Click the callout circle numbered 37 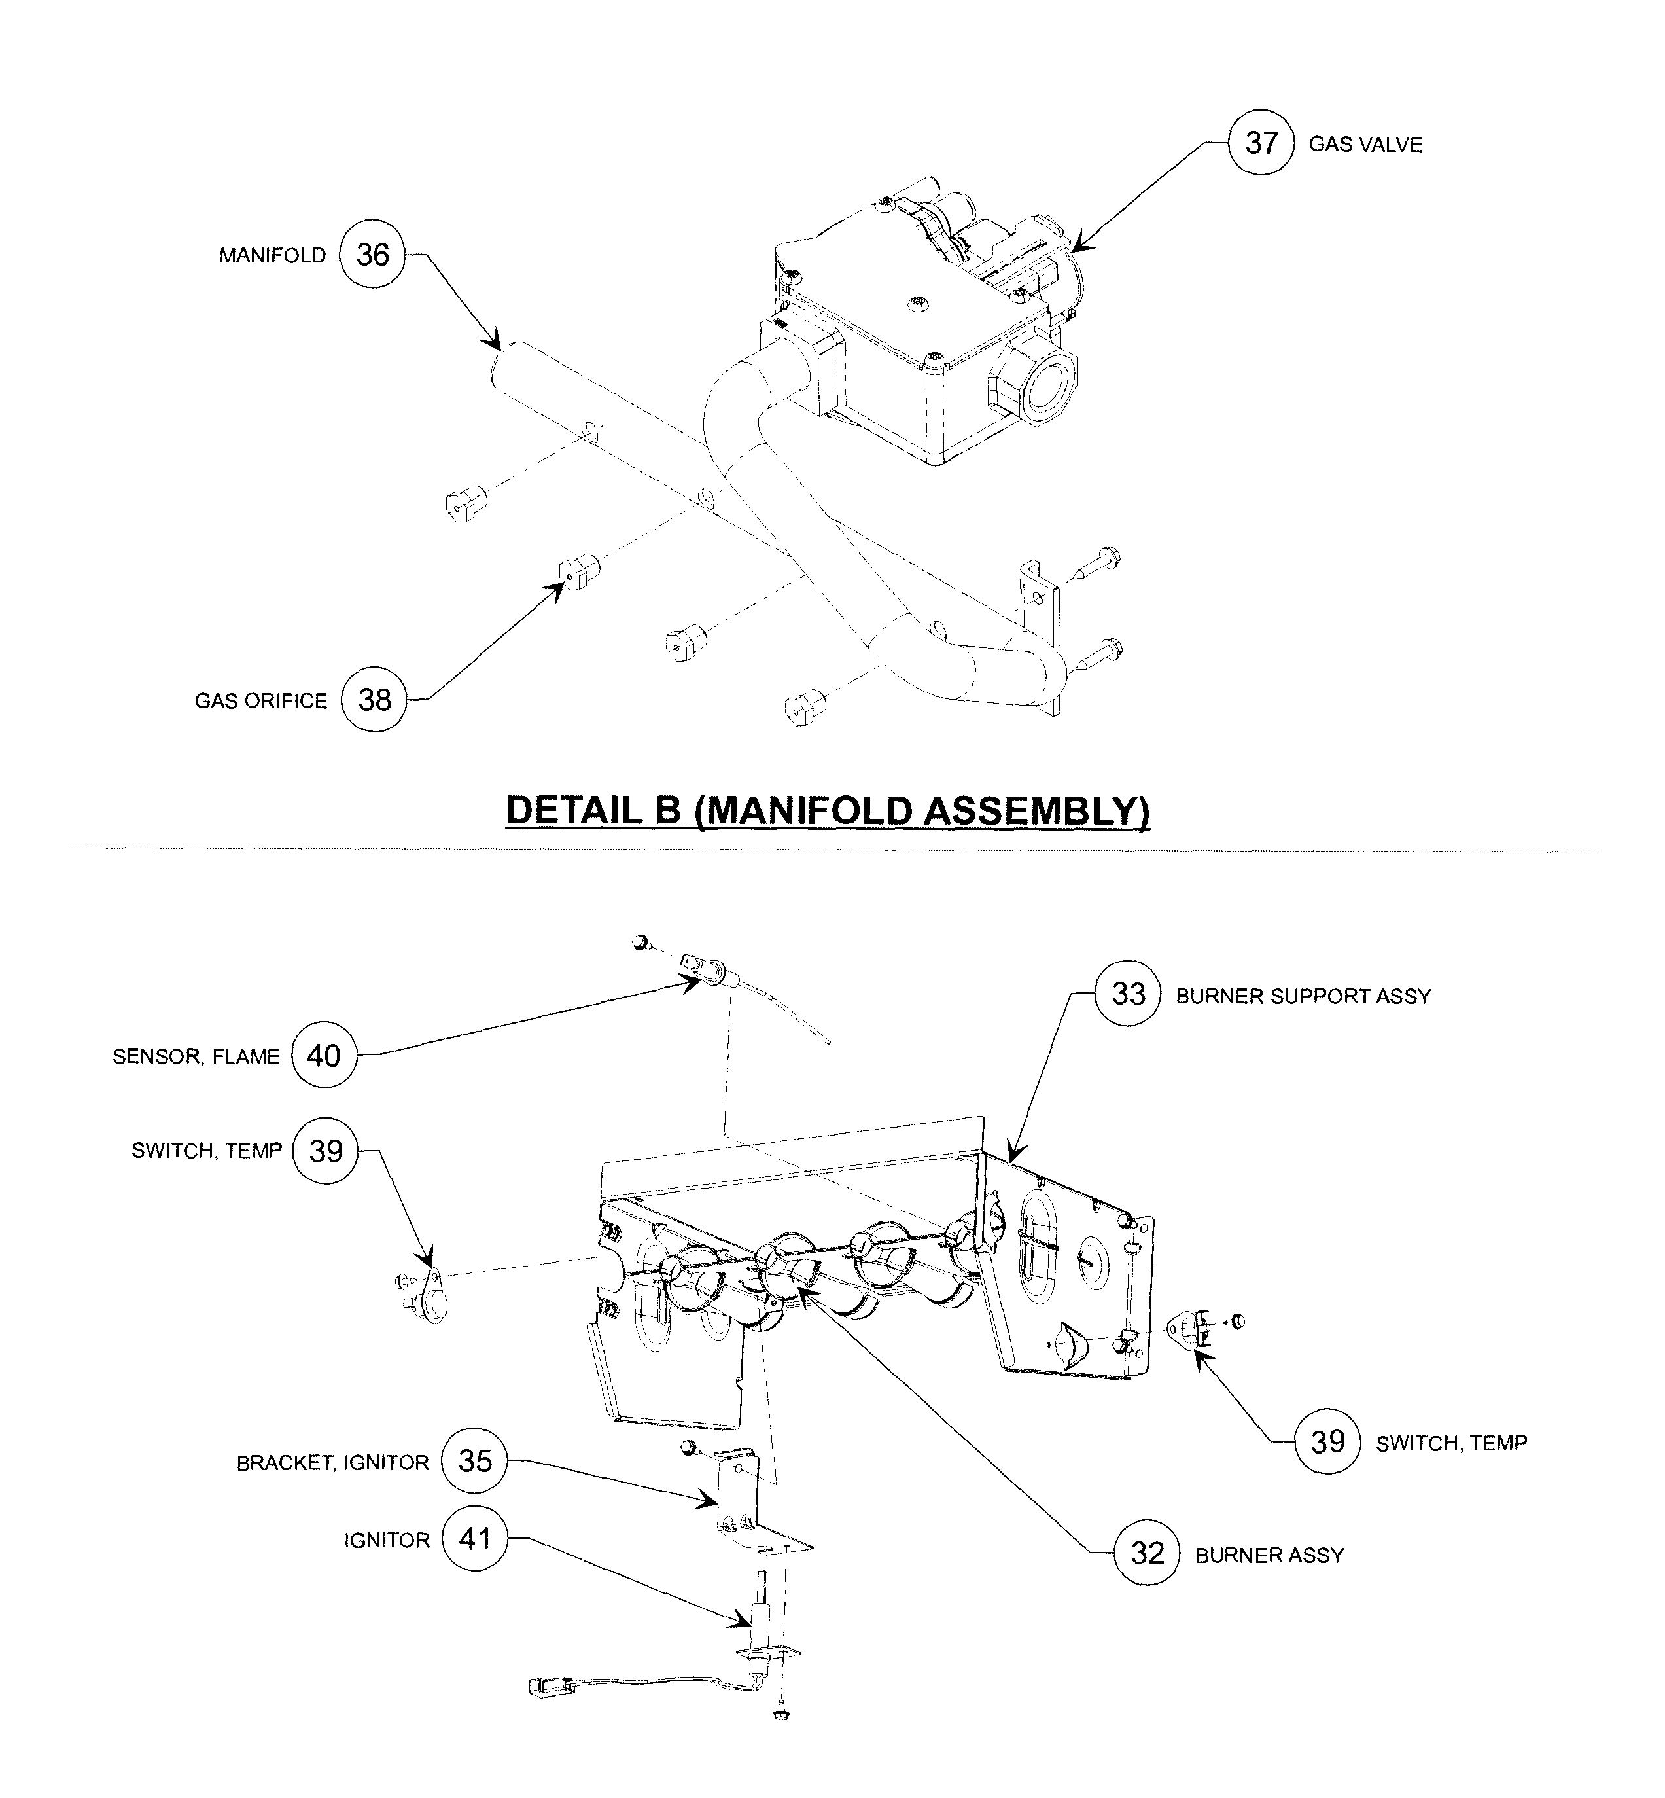[x=1261, y=143]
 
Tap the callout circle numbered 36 [x=372, y=255]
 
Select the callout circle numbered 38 [x=374, y=700]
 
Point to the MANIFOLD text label [x=272, y=256]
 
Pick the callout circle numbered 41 [x=475, y=1537]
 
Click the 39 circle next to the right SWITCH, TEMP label [x=1327, y=1442]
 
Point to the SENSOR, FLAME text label [x=196, y=1056]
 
